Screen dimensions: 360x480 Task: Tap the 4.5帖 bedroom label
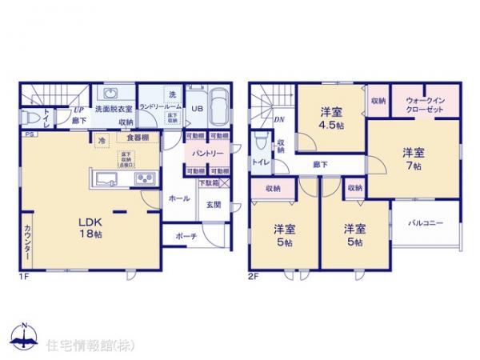click(x=333, y=118)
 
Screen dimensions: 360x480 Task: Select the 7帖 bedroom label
click(x=413, y=158)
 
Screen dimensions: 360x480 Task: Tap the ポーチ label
click(x=186, y=235)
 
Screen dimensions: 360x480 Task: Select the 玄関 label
click(x=213, y=206)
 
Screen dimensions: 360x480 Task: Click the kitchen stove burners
click(x=144, y=178)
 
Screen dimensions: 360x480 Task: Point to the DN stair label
click(x=279, y=120)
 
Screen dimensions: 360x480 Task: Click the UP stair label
click(x=79, y=111)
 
